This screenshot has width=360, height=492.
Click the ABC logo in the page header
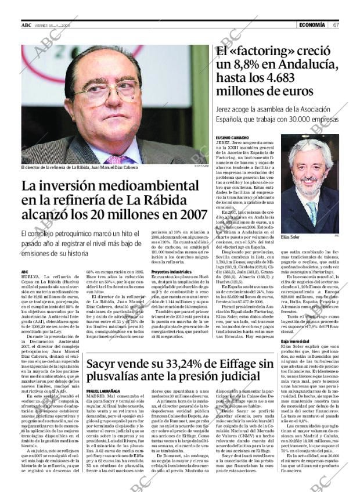[x=26, y=25]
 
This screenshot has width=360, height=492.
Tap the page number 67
[x=336, y=25]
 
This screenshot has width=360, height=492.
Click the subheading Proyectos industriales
[x=171, y=272]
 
